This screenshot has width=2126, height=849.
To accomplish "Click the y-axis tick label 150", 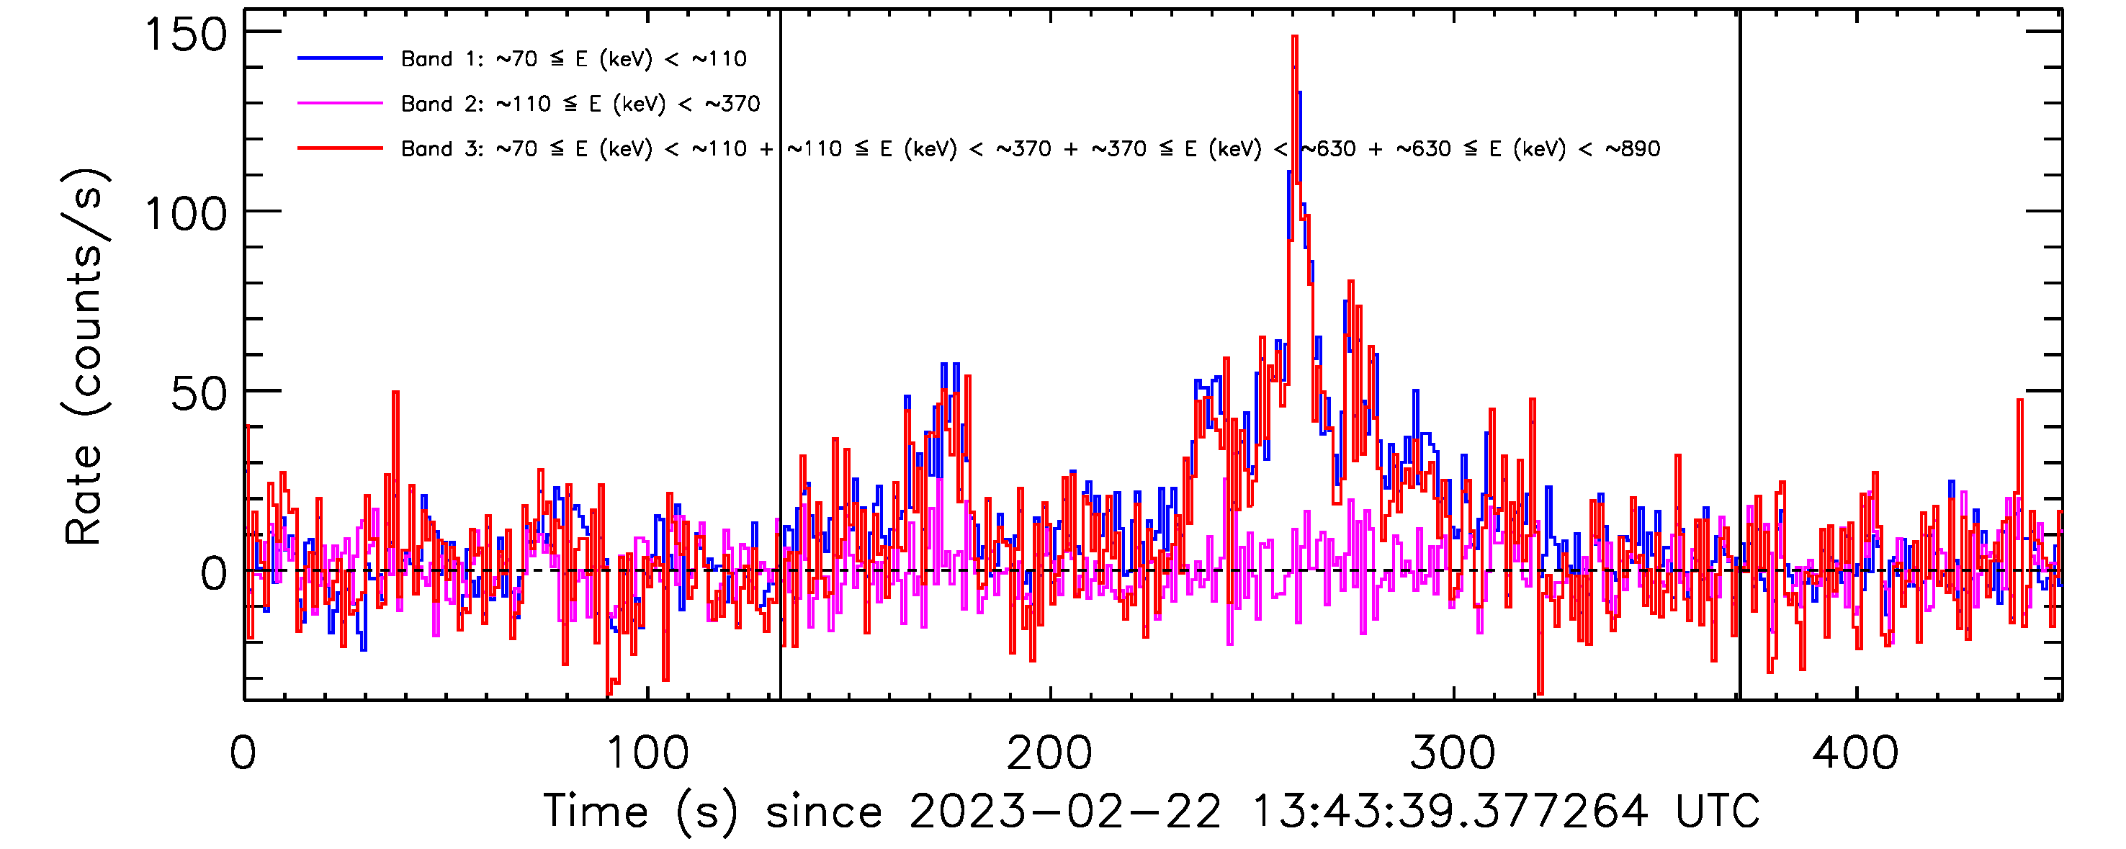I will [x=185, y=35].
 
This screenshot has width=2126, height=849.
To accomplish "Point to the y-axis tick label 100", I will [x=185, y=215].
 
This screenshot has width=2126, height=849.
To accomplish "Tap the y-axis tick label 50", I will [x=198, y=395].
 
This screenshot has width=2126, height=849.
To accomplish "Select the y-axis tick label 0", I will [x=213, y=574].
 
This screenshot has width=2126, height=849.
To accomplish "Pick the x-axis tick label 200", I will [x=1050, y=753].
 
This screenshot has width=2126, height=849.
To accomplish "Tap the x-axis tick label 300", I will [x=1453, y=753].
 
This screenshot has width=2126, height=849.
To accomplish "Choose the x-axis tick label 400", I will [x=1855, y=753].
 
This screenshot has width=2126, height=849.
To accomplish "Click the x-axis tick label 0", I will [x=243, y=753].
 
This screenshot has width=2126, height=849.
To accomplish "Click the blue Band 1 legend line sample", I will [x=340, y=58].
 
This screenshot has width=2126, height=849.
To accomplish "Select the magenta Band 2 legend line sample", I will [x=340, y=104].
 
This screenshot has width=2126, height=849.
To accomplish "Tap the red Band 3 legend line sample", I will [x=340, y=148].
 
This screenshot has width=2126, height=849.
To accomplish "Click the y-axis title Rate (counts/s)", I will [x=84, y=356].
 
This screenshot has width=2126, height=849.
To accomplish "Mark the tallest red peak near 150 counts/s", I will [x=1295, y=38].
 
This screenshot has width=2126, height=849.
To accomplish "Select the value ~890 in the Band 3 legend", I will [x=1633, y=149].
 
